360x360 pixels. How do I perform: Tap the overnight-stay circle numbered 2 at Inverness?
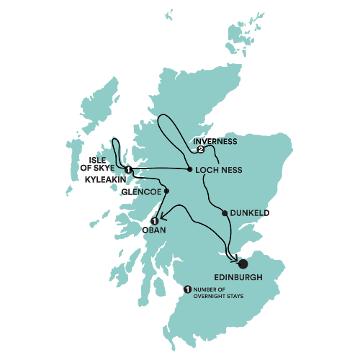tap(201, 150)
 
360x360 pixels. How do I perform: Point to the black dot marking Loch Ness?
tap(189, 170)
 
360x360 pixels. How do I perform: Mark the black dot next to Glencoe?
tap(166, 191)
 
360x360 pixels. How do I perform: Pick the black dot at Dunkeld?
tap(225, 212)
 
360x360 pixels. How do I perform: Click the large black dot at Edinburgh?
tap(243, 264)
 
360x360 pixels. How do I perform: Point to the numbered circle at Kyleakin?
tap(127, 170)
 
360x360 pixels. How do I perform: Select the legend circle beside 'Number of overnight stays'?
tap(188, 289)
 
